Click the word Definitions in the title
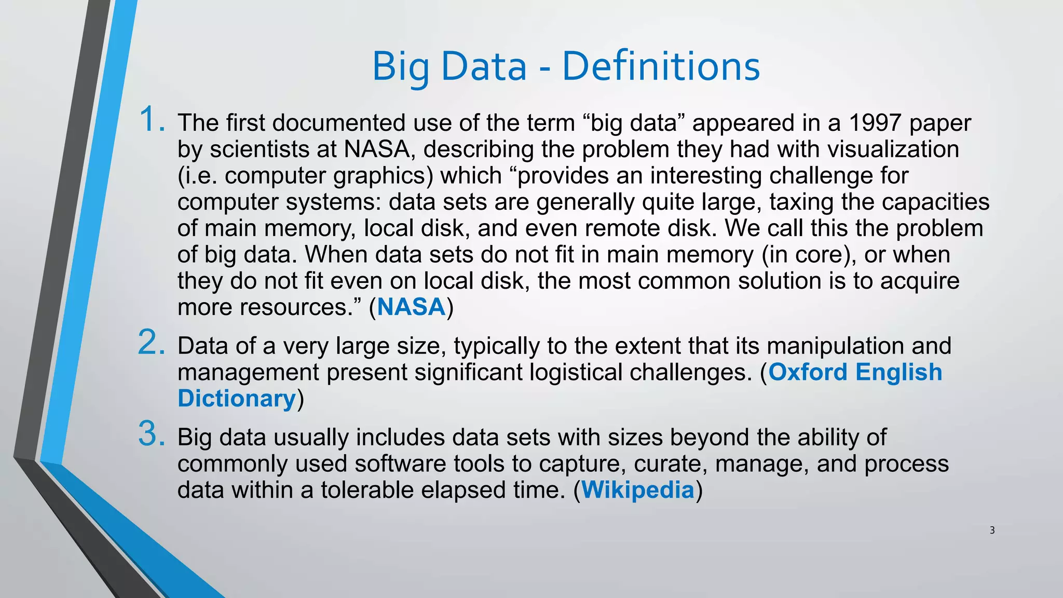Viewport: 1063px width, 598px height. [x=661, y=66]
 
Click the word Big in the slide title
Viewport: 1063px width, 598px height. [x=400, y=67]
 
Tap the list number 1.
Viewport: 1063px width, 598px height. [x=152, y=119]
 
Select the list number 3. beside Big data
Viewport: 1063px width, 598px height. [x=152, y=434]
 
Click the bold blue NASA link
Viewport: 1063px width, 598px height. [x=411, y=307]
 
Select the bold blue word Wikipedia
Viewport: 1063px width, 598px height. [x=637, y=490]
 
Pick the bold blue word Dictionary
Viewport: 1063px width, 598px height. [x=237, y=399]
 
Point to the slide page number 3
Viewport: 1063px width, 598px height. [x=992, y=530]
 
